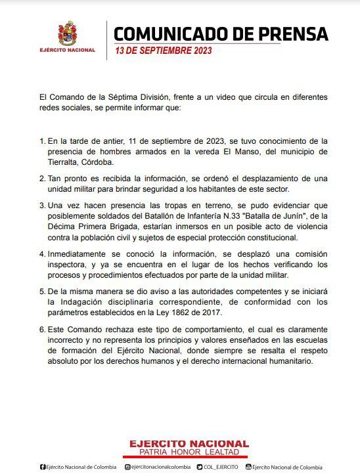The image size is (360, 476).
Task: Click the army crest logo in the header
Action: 68,33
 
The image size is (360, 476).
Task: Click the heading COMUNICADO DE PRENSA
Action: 221,33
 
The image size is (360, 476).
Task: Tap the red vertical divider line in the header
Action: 106,40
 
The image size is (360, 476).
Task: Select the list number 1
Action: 42,141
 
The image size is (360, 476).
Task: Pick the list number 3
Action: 42,206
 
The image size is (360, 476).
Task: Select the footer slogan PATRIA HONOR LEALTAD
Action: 179,453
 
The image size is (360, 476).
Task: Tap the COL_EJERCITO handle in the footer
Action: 220,467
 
